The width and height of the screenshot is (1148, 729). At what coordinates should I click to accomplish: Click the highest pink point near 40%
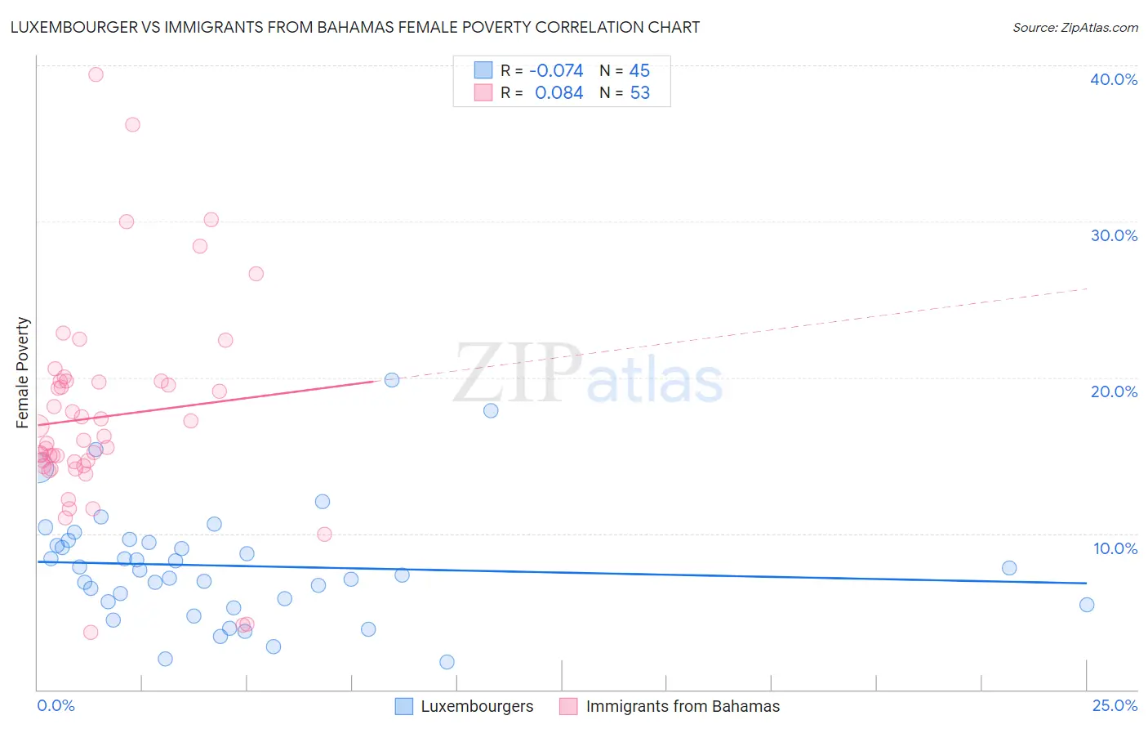point(96,74)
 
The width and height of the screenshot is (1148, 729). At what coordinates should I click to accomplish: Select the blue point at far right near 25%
point(1086,605)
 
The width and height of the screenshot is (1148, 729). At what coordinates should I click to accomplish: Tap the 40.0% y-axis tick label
point(1113,79)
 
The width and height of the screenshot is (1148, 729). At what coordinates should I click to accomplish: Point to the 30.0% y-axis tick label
point(1113,235)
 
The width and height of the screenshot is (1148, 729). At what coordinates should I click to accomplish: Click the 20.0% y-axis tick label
point(1113,391)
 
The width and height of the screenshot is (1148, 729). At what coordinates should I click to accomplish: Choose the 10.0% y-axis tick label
point(1115,548)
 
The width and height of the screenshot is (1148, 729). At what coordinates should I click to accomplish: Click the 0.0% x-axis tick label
point(56,705)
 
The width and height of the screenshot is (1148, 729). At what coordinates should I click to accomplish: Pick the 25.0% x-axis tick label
point(1115,705)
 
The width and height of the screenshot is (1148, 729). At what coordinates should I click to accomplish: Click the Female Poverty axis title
point(23,373)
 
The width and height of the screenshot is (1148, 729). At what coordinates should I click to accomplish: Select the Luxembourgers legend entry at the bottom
point(476,706)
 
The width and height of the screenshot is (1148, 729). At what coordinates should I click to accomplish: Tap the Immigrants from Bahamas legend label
point(683,706)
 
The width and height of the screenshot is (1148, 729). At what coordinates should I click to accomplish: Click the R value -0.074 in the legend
point(556,71)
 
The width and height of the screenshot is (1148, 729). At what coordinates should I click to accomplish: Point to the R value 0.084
point(558,93)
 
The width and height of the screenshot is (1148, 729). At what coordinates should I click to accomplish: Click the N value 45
point(639,71)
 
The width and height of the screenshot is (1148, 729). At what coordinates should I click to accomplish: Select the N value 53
point(639,93)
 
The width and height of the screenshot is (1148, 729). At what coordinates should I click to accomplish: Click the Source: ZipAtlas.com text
point(1075,28)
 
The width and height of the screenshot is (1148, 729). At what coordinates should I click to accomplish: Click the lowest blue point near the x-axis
point(447,662)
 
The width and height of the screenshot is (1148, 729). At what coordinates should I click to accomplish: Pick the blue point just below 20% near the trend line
point(392,380)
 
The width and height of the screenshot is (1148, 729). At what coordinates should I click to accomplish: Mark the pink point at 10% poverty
point(324,534)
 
